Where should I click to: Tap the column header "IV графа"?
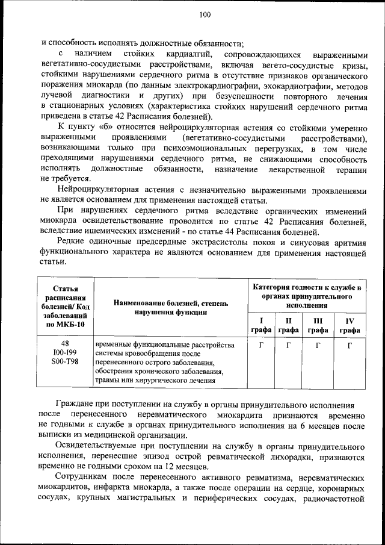click(350, 325)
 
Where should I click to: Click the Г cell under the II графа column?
click(289, 346)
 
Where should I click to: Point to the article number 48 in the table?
click(66, 344)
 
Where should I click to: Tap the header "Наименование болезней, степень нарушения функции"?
click(171, 307)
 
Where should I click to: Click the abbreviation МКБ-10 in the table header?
click(71, 325)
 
